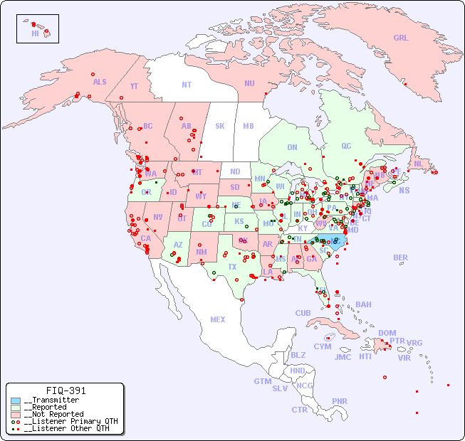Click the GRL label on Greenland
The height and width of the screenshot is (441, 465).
point(401,38)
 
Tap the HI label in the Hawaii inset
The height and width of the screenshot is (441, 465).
point(35,33)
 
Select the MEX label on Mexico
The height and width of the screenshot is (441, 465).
point(218,319)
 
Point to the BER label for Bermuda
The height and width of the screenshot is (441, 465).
point(401,257)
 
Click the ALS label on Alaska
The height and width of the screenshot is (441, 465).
point(100,82)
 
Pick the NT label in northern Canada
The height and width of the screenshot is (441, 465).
point(187,85)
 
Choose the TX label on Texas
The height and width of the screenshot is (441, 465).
point(232,267)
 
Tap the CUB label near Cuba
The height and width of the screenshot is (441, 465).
point(303,313)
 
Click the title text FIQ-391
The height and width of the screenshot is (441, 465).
point(66,390)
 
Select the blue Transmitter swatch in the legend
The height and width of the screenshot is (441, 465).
point(16,400)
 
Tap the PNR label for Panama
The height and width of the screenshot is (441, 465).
point(340,401)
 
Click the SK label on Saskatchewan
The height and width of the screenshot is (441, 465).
point(220,126)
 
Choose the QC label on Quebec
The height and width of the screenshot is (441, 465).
point(346,146)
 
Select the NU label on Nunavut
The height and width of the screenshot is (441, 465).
point(249,83)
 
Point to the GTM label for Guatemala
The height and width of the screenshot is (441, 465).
point(262,381)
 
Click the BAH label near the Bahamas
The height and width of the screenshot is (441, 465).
point(363,304)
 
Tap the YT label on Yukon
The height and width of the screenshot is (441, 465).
point(134,86)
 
